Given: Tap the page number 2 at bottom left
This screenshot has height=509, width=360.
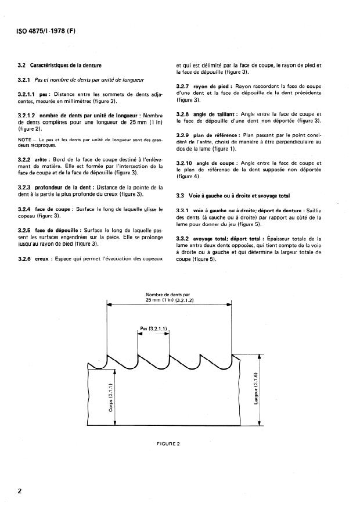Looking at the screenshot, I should [x=20, y=492].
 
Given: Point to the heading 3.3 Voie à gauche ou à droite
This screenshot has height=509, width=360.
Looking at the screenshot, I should [x=232, y=195].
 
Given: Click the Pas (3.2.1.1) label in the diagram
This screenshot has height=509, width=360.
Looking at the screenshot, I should [x=153, y=329].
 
